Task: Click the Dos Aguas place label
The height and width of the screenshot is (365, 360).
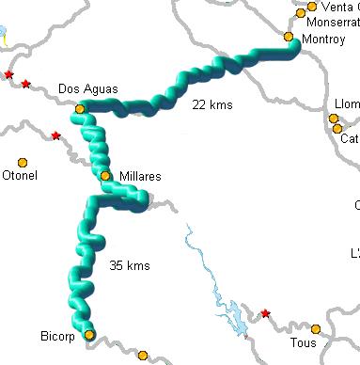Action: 87,88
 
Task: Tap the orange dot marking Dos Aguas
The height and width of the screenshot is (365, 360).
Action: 80,108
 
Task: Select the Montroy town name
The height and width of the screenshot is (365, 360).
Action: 325,40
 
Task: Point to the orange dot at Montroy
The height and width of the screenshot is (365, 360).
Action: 290,37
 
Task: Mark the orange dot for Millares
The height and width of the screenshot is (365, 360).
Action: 105,175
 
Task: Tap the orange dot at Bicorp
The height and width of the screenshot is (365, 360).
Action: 89,334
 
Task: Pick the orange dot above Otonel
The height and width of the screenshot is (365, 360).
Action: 23,161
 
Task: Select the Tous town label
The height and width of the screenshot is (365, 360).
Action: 303,343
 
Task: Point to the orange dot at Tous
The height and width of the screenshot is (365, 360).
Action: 316,329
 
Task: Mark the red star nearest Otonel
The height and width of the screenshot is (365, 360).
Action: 56,136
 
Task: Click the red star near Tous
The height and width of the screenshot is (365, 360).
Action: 265,313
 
